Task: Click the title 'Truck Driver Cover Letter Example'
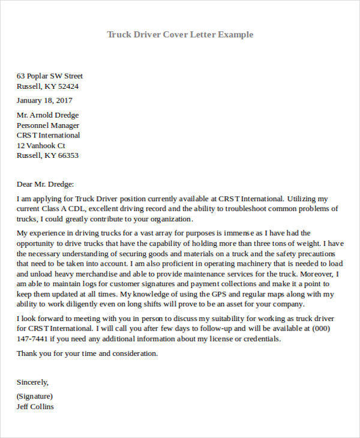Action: pyautogui.click(x=180, y=34)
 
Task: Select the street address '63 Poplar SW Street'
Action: pyautogui.click(x=50, y=76)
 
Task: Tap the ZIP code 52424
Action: pyautogui.click(x=68, y=86)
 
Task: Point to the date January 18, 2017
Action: pyautogui.click(x=44, y=100)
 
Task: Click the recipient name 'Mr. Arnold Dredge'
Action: pyautogui.click(x=47, y=115)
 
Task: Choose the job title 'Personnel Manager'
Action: pyautogui.click(x=48, y=125)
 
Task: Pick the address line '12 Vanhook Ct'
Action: pyautogui.click(x=41, y=145)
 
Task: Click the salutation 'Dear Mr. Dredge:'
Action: pyautogui.click(x=45, y=184)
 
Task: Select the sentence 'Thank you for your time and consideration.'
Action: pyautogui.click(x=88, y=353)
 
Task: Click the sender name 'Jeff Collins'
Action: pyautogui.click(x=35, y=406)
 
